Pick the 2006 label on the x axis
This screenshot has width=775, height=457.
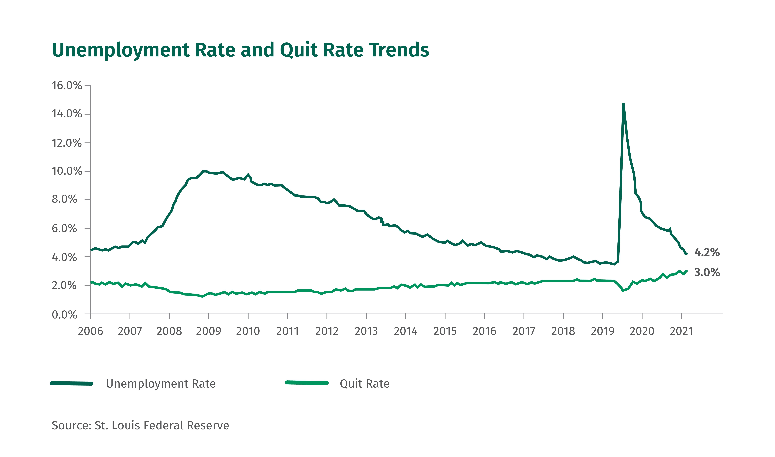point(90,331)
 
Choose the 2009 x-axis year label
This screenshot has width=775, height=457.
point(209,331)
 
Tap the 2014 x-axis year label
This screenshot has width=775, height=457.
point(406,331)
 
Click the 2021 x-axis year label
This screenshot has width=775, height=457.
point(681,331)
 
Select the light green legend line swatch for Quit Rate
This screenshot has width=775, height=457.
point(307,383)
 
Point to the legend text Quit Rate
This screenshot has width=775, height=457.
point(365,384)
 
